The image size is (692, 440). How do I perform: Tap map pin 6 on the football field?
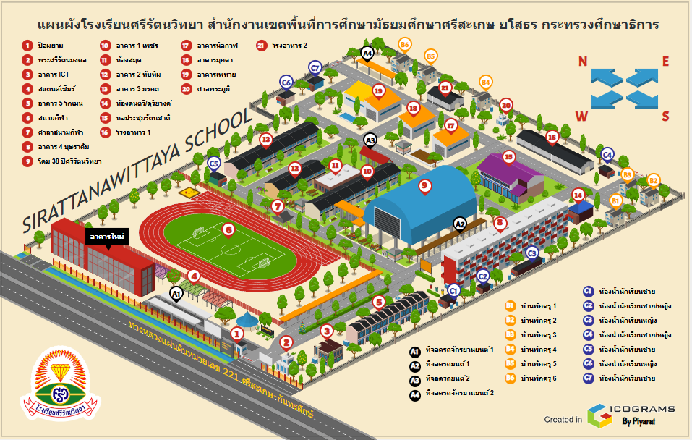(x=228, y=230)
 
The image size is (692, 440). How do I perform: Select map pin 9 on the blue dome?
(x=425, y=185)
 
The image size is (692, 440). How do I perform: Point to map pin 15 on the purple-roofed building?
(x=508, y=156)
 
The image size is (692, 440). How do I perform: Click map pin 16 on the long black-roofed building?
(x=552, y=136)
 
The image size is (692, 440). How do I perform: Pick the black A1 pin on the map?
(x=175, y=293)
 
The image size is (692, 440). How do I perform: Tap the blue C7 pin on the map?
(x=315, y=68)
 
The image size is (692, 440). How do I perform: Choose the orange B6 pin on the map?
(x=405, y=45)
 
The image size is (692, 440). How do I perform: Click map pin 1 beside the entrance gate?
(x=236, y=333)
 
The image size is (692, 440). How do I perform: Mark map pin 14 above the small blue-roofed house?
(x=578, y=194)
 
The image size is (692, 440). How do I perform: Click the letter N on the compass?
(x=583, y=60)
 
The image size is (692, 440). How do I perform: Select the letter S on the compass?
(x=666, y=115)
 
